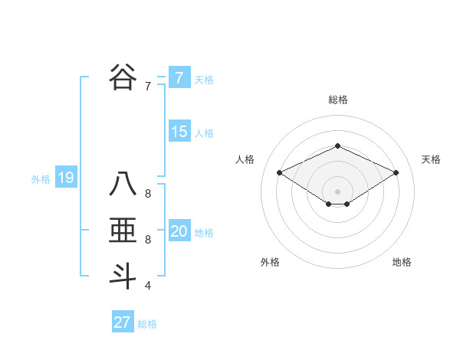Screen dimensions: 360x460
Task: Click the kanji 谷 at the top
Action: click(123, 77)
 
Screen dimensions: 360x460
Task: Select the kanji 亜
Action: click(123, 231)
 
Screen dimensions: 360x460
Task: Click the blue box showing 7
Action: click(179, 77)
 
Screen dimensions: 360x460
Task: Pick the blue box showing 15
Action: click(179, 132)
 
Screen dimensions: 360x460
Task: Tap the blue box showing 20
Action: click(179, 231)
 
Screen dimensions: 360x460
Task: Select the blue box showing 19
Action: click(65, 178)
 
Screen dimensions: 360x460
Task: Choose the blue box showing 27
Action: click(122, 322)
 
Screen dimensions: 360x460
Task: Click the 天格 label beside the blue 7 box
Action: click(204, 79)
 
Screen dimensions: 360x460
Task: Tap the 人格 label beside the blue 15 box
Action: click(204, 133)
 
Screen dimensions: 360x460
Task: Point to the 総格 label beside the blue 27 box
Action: click(147, 324)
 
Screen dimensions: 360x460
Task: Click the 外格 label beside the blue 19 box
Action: click(41, 180)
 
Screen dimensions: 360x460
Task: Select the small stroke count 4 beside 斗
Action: click(148, 286)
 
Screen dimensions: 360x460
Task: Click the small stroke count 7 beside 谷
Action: click(148, 86)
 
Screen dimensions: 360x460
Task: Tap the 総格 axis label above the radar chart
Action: click(337, 100)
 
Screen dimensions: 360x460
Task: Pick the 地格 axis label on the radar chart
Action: click(402, 262)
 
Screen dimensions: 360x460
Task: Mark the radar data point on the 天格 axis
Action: click(396, 173)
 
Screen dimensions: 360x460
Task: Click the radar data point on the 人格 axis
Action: click(280, 173)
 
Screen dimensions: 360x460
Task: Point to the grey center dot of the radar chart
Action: click(337, 190)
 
